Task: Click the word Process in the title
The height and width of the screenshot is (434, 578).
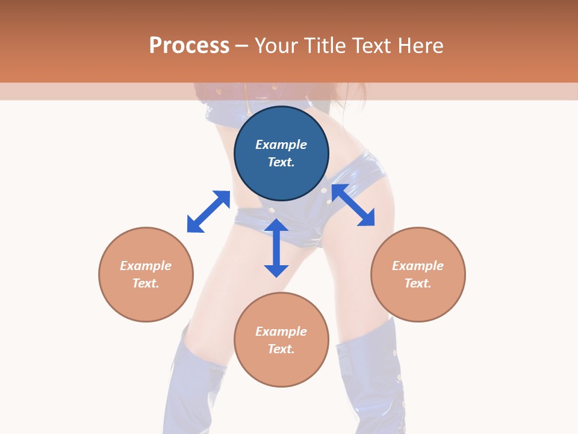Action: pos(189,46)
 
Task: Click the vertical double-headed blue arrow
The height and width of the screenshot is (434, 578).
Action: pos(276,248)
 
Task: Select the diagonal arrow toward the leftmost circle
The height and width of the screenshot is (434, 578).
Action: pos(208,212)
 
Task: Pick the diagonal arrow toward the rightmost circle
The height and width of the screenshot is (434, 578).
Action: pos(353,205)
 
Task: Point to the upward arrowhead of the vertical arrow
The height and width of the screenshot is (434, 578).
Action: pos(276,226)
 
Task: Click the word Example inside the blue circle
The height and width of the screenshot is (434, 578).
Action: pos(281,145)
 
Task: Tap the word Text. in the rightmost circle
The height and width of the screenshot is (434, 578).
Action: pos(418,283)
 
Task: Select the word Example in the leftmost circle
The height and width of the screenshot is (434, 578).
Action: pos(146,266)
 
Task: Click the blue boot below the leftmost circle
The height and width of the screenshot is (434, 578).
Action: pos(191,386)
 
